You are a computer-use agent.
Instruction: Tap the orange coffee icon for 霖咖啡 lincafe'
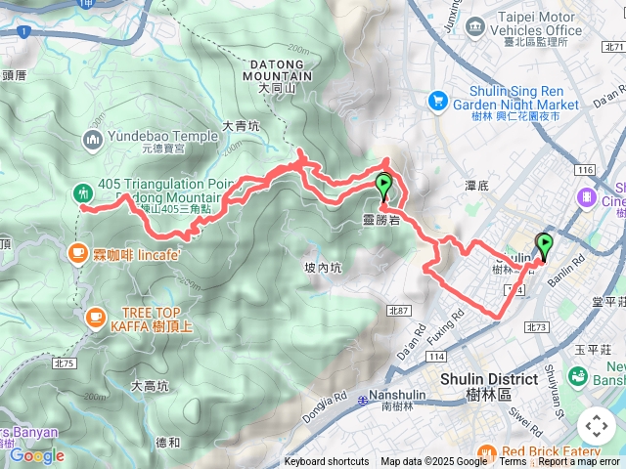point(77,253)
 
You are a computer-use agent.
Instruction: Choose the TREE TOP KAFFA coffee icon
point(95,316)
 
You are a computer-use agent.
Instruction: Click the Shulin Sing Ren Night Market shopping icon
point(437,101)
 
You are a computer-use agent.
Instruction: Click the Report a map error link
point(580,462)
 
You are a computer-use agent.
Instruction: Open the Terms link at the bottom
point(513,462)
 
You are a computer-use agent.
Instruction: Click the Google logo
point(36,455)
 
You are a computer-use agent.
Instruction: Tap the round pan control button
point(596,425)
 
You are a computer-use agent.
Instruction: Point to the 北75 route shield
point(66,363)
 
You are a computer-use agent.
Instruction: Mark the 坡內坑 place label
point(323,267)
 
